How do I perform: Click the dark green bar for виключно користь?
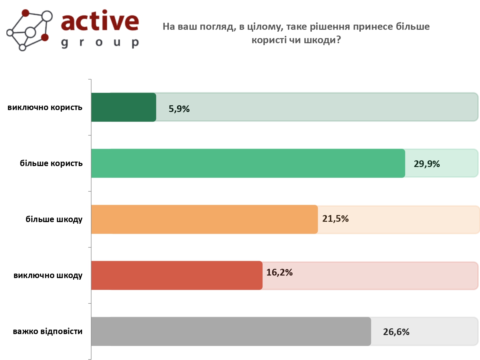[x=124, y=107]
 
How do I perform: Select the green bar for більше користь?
[x=248, y=163]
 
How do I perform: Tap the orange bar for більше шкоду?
[x=204, y=219]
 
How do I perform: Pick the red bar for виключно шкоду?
[x=177, y=276]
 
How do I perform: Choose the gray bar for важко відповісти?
[x=231, y=332]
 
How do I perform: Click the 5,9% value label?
[x=179, y=109]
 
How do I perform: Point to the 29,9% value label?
[x=427, y=164]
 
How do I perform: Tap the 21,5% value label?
[x=335, y=219]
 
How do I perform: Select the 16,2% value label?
[x=279, y=272]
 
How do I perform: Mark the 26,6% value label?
[x=396, y=332]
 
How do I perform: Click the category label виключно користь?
[x=45, y=107]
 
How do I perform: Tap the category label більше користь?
[x=51, y=163]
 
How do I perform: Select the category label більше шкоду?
[x=54, y=219]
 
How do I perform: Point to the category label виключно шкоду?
[x=48, y=276]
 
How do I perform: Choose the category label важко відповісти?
[x=48, y=332]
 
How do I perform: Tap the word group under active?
[x=100, y=43]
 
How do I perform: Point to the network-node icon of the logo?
[x=29, y=30]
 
